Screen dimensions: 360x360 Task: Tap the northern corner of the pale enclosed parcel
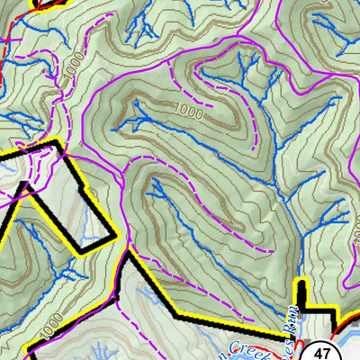pos(59,141)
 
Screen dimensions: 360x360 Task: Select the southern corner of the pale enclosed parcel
pos(90,253)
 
